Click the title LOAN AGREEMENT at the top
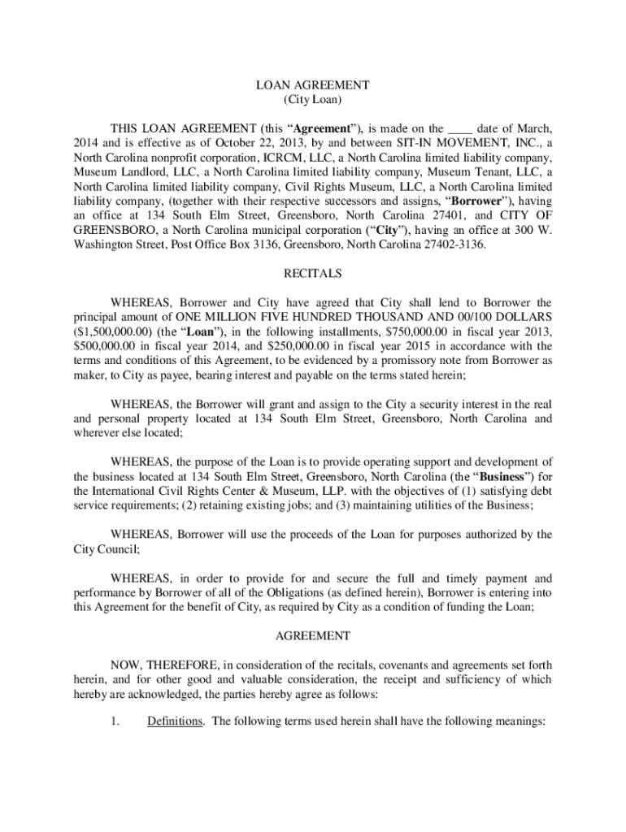313,84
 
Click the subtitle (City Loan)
313,100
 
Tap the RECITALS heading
313,274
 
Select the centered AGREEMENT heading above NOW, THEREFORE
313,635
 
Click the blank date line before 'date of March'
460,128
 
